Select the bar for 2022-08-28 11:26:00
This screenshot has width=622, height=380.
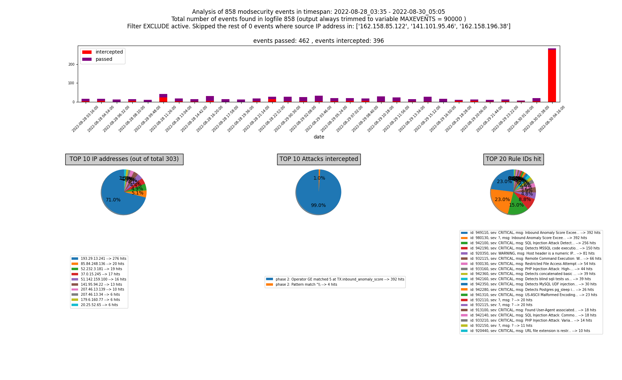[163, 98]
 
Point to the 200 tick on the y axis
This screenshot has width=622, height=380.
[72, 64]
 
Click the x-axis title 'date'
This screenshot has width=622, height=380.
[319, 137]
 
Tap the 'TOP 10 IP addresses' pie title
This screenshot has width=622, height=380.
[124, 159]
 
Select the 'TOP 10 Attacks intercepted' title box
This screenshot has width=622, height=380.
[319, 159]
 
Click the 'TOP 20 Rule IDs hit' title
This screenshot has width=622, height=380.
[513, 159]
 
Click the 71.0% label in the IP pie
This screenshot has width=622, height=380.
[113, 200]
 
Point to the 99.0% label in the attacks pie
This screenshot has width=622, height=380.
[318, 206]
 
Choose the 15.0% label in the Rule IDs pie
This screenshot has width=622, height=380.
[516, 205]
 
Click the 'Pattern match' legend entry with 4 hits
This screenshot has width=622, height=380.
[306, 284]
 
